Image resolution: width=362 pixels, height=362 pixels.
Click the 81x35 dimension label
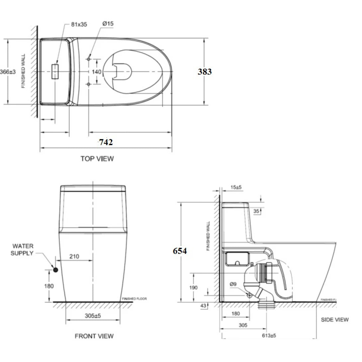coord(79,24)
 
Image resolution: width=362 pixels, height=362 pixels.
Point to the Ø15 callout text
coord(108,24)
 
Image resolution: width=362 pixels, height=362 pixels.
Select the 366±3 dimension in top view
coord(8,72)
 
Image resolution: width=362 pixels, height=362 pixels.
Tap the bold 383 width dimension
coord(205,71)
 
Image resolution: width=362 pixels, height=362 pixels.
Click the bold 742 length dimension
coord(106,142)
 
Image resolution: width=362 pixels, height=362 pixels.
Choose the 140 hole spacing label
coord(97,72)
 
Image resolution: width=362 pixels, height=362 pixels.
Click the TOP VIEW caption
coord(97,158)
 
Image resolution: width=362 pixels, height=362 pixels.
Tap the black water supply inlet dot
coord(55,270)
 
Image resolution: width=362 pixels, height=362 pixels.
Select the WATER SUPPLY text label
coord(22,250)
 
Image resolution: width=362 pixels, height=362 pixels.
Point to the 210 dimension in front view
coord(75,257)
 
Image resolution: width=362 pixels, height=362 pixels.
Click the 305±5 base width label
coord(92,316)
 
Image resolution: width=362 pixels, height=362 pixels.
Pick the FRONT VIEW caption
coord(94,336)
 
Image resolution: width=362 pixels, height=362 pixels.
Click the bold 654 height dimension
coord(180,251)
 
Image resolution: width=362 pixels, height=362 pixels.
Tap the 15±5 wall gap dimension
coord(236,188)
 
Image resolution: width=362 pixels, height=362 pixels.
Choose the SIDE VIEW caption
coord(335,319)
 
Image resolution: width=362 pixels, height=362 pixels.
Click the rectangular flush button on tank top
coord(55,72)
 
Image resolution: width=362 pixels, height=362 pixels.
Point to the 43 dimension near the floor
coord(204,305)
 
